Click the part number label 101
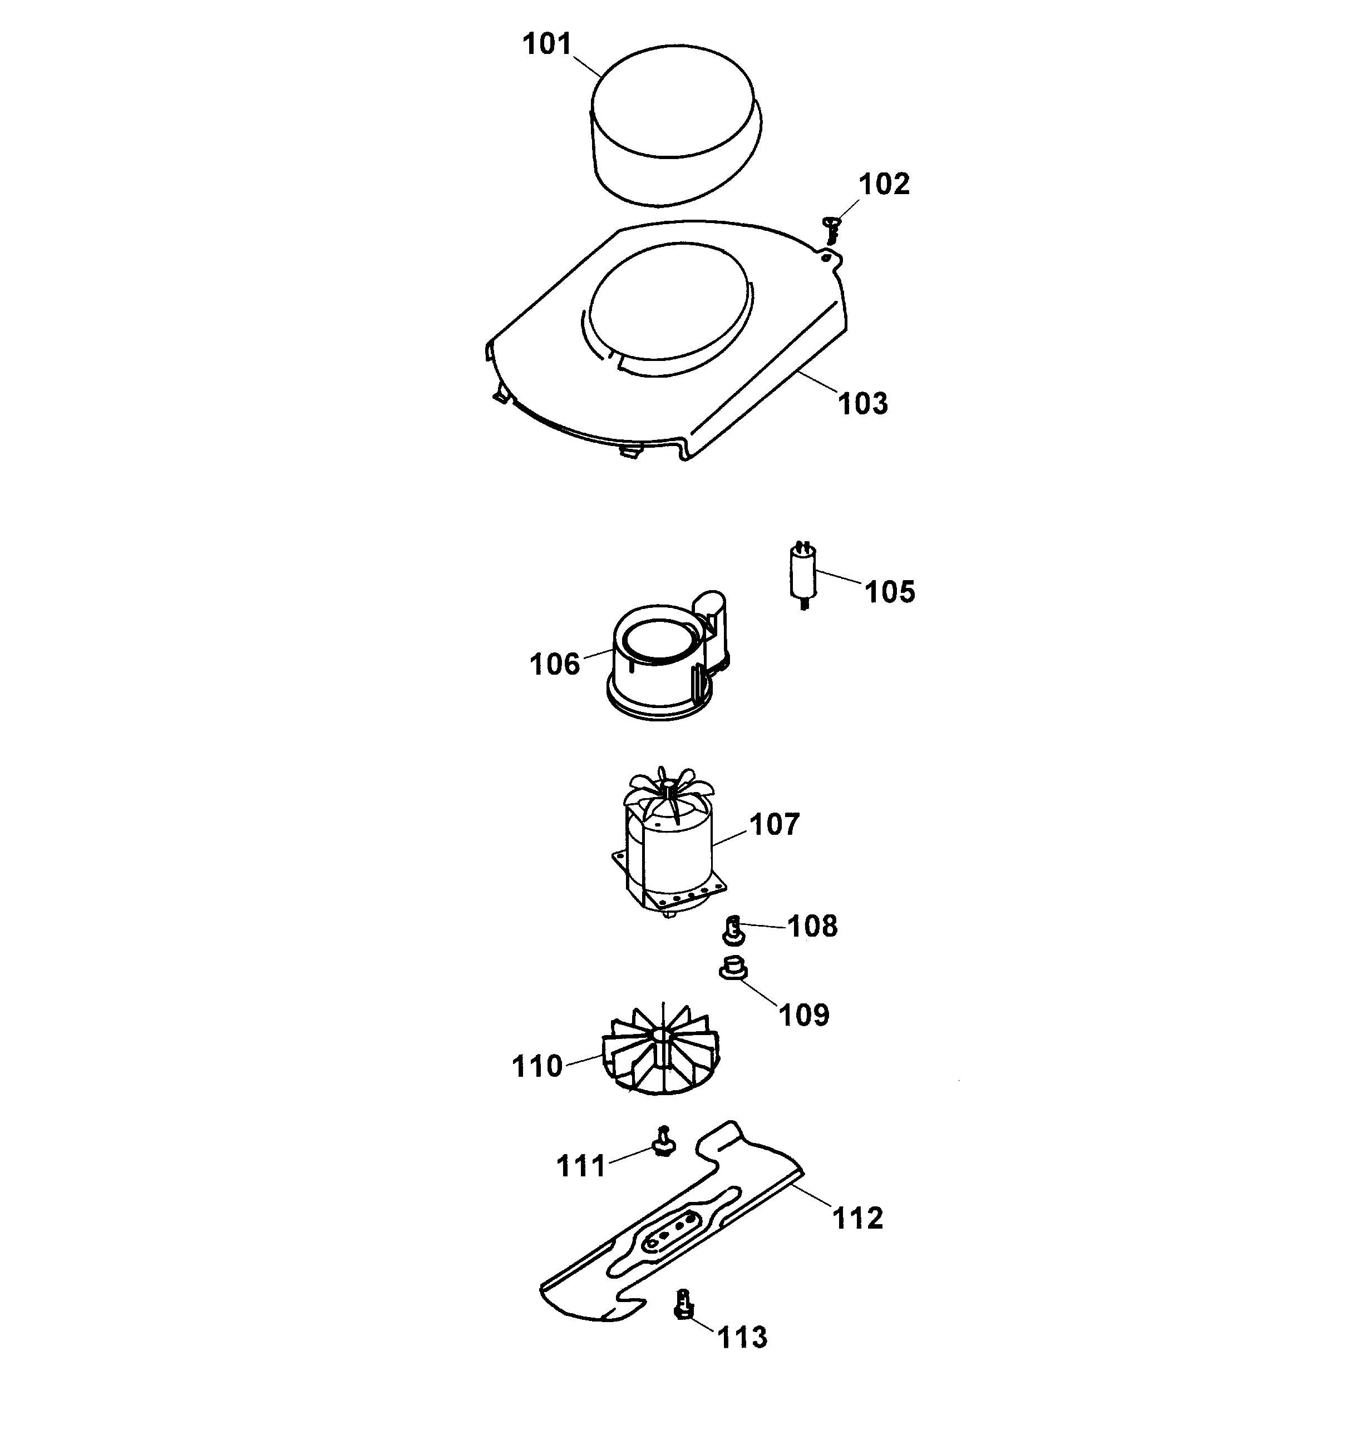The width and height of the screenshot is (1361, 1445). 547,44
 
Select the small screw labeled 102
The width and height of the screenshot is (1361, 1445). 832,229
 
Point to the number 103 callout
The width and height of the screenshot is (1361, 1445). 864,403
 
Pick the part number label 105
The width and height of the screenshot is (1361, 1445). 890,592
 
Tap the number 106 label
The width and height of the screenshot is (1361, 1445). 555,664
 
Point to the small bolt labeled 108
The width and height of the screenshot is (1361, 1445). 733,928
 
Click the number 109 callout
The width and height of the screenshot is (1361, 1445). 803,1015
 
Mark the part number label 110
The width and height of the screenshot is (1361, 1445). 538,1066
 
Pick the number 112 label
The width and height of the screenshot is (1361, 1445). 858,1218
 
